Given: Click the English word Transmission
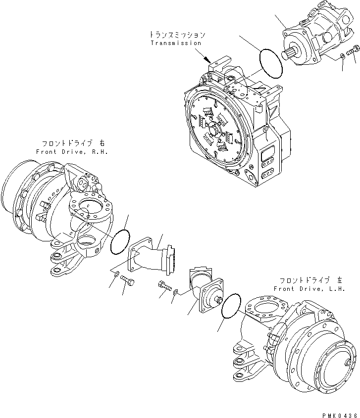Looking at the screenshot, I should point(176,43).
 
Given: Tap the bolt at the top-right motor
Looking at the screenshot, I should point(354,49).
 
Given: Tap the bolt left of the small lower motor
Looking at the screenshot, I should point(164,285).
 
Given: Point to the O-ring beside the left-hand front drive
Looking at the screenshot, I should point(231,306).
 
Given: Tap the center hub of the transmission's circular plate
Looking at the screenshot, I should point(218,132).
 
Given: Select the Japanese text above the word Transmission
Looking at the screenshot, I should point(176,35).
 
